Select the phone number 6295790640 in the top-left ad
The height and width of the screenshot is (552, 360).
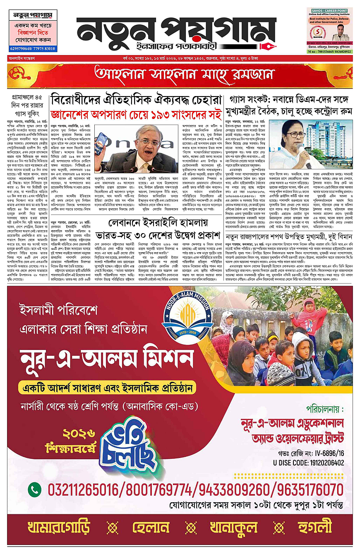point(21,49)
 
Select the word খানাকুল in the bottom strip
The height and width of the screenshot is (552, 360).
point(234,528)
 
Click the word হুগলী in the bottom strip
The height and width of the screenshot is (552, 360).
point(314,528)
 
